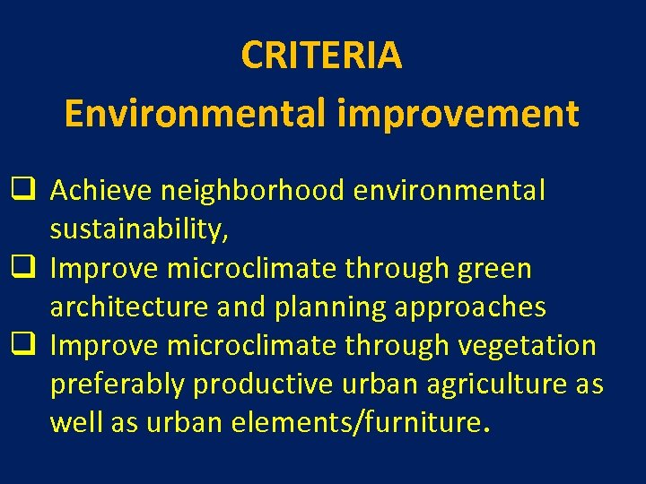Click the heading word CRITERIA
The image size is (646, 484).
tap(321, 56)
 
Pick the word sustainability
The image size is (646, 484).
tap(139, 230)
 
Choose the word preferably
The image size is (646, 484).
tap(118, 385)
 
